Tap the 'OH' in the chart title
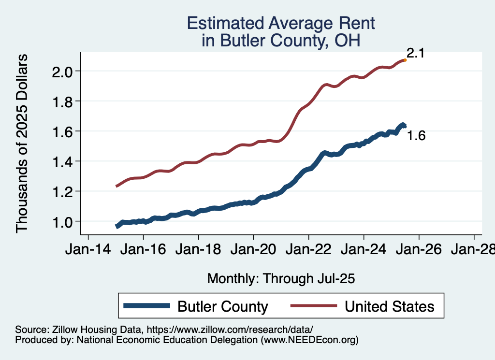click(349, 41)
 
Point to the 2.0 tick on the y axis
click(62, 72)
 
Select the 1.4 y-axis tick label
click(62, 161)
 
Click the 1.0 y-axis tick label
click(62, 221)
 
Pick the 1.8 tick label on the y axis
click(62, 101)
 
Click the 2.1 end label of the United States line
click(415, 53)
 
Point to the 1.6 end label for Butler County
click(416, 136)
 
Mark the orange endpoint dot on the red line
click(405, 60)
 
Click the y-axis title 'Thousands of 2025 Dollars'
click(22, 144)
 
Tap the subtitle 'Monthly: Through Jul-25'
click(281, 279)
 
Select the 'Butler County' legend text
click(223, 306)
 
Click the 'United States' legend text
click(389, 306)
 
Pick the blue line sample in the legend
click(147, 306)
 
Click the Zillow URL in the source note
click(230, 329)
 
